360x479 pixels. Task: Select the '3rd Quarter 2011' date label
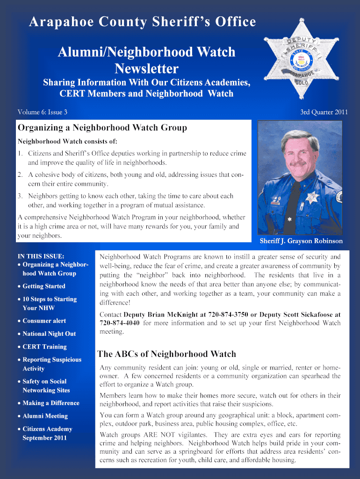click(324, 112)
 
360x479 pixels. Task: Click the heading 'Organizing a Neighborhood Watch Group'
click(102, 128)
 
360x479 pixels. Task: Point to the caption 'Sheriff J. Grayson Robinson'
click(301, 241)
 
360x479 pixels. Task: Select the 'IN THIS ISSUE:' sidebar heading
click(41, 256)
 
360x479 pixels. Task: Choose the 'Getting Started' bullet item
click(44, 286)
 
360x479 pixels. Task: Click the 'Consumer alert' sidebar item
click(44, 321)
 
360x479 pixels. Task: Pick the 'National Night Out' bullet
click(49, 334)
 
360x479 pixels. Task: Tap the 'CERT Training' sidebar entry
click(44, 347)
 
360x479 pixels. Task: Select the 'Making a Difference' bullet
click(51, 403)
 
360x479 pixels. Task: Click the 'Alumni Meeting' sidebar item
click(45, 416)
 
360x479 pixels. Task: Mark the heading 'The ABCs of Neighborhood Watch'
click(166, 354)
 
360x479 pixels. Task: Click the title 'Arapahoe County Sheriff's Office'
click(143, 22)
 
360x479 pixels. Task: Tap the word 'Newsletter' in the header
click(146, 69)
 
